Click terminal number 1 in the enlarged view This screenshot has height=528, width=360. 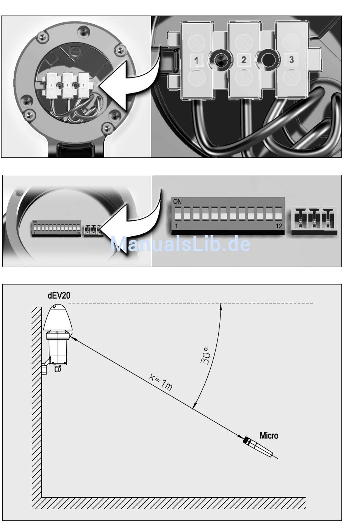click(x=196, y=60)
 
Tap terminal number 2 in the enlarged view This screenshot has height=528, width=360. click(x=244, y=60)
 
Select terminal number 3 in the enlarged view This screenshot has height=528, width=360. click(x=291, y=60)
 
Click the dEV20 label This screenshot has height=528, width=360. click(x=59, y=295)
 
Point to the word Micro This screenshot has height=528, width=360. click(x=269, y=435)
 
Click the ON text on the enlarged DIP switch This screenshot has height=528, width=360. click(x=177, y=202)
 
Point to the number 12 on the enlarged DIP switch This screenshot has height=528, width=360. click(x=279, y=226)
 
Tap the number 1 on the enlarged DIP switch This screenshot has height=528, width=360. click(x=177, y=226)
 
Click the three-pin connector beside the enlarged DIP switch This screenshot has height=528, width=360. click(x=314, y=221)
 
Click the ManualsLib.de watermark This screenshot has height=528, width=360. click(x=180, y=244)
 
